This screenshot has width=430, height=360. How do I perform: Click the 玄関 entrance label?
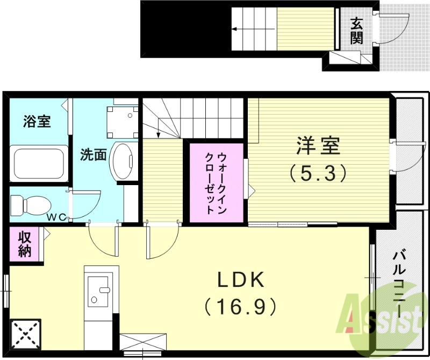tap(356, 30)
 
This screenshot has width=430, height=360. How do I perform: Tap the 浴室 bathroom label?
tap(37, 122)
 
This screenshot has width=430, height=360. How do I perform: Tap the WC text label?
tap(56, 217)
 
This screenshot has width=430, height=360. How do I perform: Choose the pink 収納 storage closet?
tap(25, 244)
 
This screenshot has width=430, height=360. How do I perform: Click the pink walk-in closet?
tap(216, 182)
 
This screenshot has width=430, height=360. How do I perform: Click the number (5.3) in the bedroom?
tap(317, 173)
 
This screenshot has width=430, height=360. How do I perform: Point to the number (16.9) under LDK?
tap(240, 307)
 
